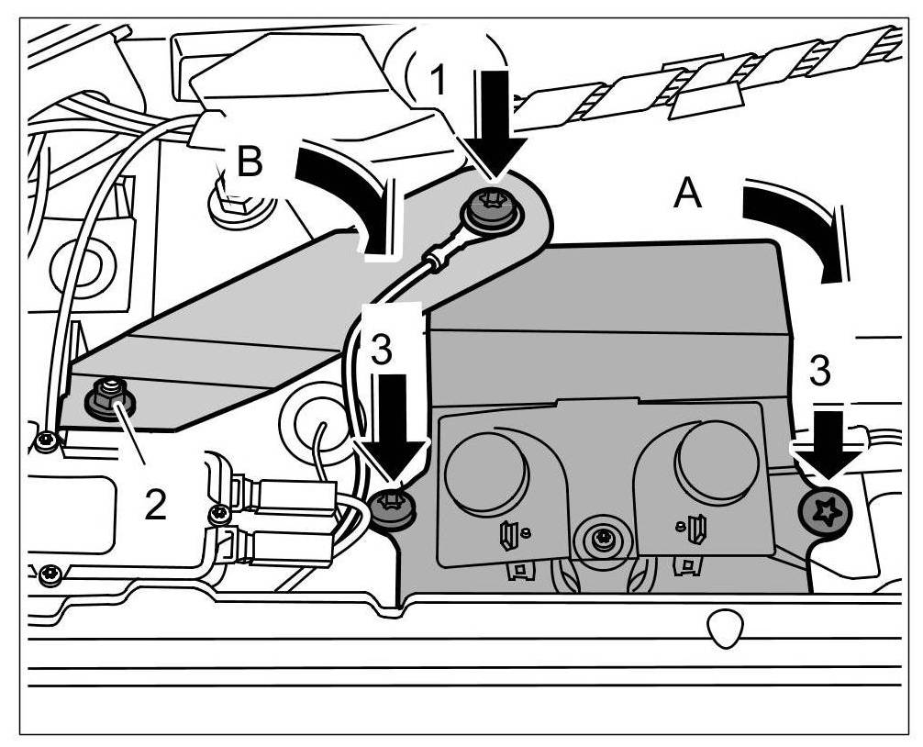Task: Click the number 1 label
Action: click(x=439, y=82)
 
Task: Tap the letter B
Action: click(x=249, y=162)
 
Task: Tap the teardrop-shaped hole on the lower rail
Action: click(x=725, y=626)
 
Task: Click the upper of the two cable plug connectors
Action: click(x=293, y=496)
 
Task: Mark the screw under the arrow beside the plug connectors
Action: click(x=392, y=507)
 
